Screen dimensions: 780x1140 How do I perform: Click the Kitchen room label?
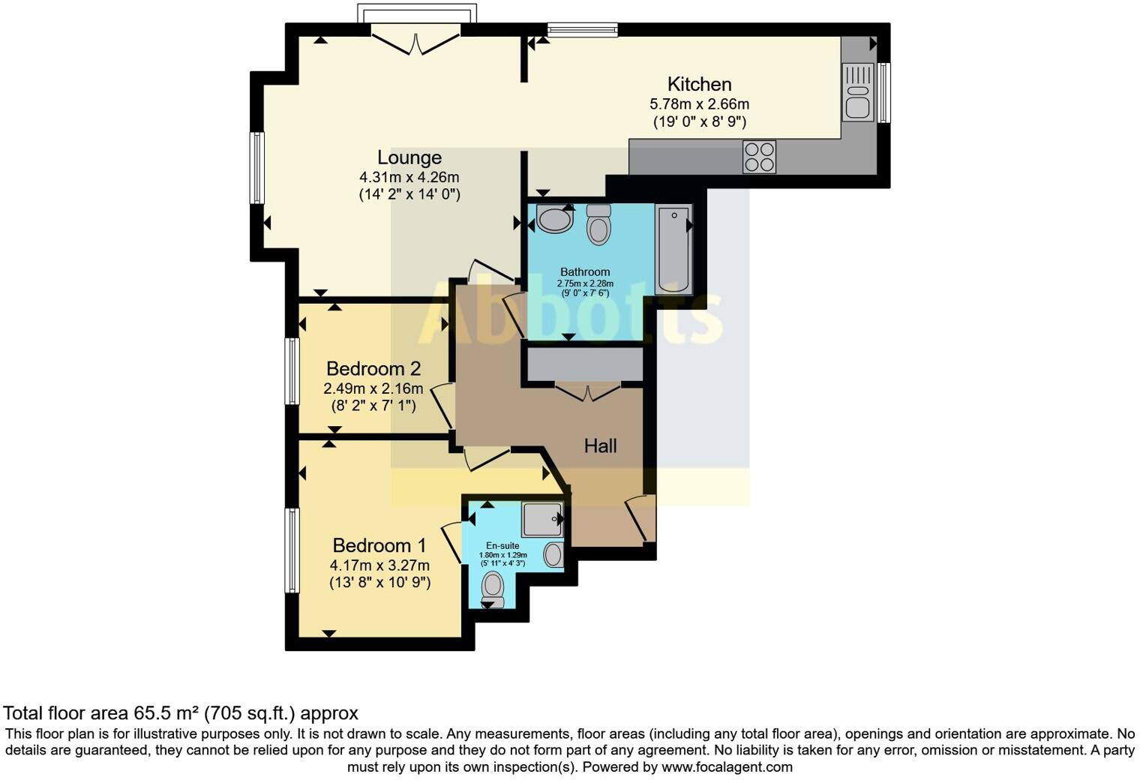[699, 84]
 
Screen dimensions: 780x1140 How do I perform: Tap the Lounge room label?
[409, 157]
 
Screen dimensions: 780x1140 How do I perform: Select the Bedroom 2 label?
[373, 369]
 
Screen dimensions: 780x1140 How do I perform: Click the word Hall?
[600, 446]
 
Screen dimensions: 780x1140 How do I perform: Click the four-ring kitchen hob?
[759, 157]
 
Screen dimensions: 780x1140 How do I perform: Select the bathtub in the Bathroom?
[673, 250]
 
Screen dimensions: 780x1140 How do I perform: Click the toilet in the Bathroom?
[598, 224]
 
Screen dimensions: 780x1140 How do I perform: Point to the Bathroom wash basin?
[555, 220]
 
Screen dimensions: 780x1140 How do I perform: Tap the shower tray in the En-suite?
[542, 519]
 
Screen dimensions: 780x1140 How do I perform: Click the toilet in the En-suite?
[493, 588]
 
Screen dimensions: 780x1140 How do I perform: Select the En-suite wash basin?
[553, 555]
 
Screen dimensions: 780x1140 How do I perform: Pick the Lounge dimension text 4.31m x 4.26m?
[409, 178]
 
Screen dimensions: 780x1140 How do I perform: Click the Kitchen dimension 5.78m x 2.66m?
[699, 104]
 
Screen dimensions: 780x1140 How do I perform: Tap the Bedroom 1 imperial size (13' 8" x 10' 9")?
[379, 582]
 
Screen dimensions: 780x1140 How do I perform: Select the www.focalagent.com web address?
[727, 766]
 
